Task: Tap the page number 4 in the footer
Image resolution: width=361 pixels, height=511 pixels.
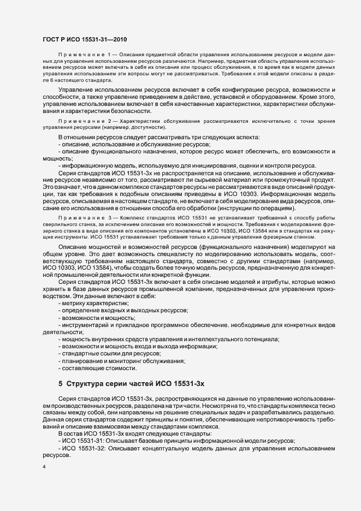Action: pyautogui.click(x=44, y=467)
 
